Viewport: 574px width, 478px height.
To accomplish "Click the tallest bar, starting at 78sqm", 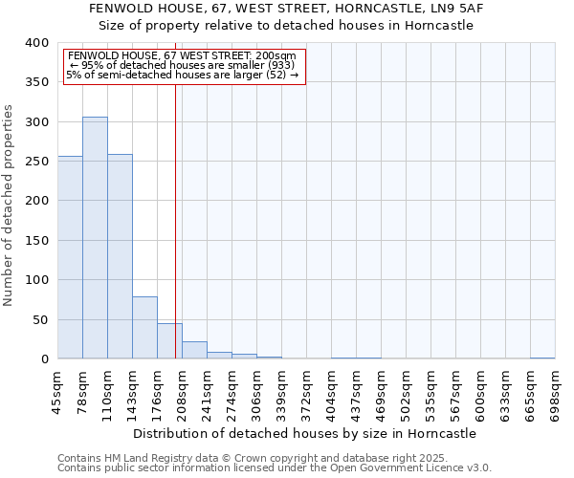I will [95, 238].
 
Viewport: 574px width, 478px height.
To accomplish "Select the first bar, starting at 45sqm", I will [70, 257].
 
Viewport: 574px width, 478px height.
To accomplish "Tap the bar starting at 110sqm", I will [120, 256].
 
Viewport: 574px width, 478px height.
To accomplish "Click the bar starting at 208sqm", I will [194, 350].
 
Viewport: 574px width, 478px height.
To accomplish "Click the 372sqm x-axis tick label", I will [306, 392].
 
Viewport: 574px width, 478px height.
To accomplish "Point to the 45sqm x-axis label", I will [57, 392].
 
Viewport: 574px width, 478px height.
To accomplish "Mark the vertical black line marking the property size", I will [175, 220].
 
